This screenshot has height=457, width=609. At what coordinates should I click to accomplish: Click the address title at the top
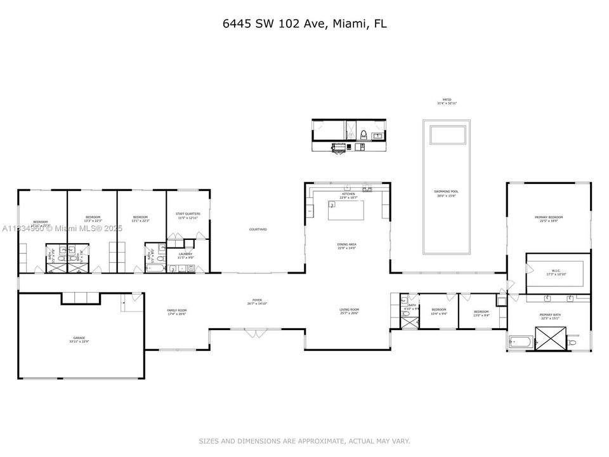click(x=304, y=24)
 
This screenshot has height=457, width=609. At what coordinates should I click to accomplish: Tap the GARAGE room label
click(x=79, y=340)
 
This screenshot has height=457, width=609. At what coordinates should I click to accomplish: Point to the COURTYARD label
click(x=258, y=229)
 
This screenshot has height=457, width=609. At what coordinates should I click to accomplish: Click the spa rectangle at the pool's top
click(x=447, y=135)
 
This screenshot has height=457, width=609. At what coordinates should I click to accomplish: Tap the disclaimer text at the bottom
click(x=304, y=441)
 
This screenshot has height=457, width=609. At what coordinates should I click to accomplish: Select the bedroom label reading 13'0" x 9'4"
click(x=482, y=313)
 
